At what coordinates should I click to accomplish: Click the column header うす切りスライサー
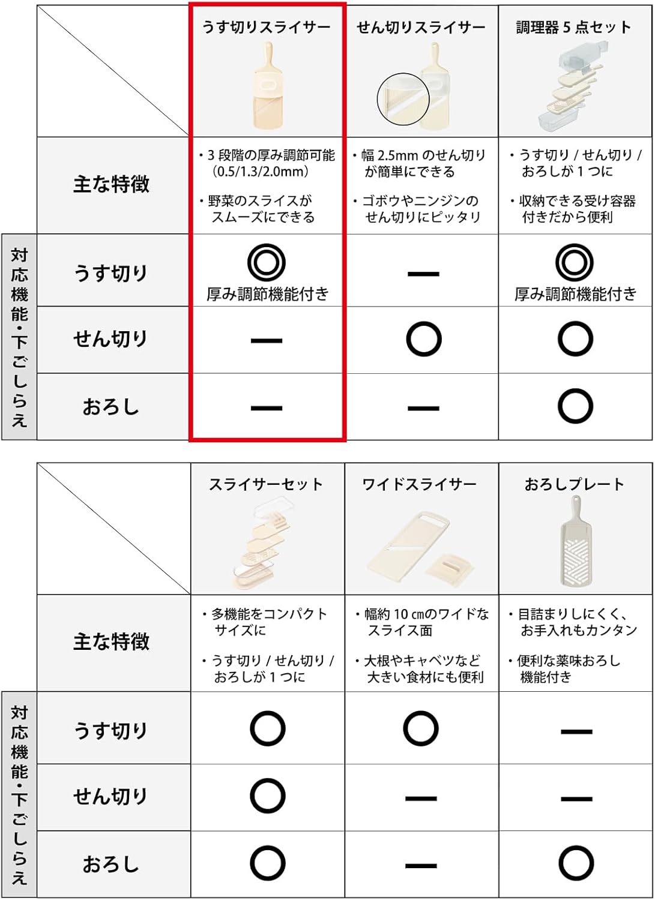(x=266, y=28)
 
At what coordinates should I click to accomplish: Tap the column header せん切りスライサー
(x=421, y=28)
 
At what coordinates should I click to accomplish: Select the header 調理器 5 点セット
(x=574, y=28)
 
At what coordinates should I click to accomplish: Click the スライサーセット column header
(x=266, y=484)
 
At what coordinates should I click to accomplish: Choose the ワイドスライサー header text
(x=420, y=484)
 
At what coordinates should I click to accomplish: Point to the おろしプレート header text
(x=574, y=484)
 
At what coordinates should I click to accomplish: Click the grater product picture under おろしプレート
(x=575, y=541)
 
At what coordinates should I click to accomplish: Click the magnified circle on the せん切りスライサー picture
(x=403, y=99)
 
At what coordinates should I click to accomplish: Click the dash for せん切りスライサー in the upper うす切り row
(x=423, y=274)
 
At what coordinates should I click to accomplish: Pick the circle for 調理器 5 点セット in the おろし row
(x=575, y=406)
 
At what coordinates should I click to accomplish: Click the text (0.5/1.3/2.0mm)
(x=261, y=172)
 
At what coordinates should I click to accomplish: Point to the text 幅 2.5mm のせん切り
(x=423, y=155)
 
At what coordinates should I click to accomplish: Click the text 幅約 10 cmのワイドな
(x=427, y=614)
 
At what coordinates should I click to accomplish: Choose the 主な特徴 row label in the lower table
(x=111, y=641)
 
